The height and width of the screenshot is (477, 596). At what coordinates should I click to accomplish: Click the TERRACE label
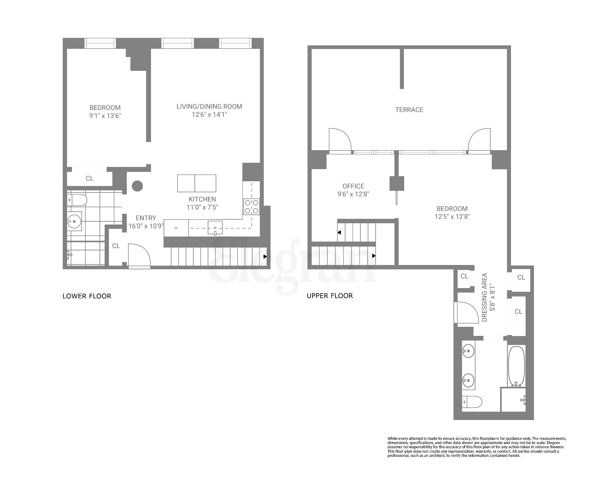(x=409, y=110)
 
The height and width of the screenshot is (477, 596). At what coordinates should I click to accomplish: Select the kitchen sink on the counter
(x=215, y=228)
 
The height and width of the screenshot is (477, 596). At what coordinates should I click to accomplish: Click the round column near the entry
(x=137, y=186)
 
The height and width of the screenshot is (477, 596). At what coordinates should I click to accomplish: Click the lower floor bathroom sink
(x=74, y=221)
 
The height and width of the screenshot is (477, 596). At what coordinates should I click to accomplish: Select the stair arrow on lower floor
(x=265, y=257)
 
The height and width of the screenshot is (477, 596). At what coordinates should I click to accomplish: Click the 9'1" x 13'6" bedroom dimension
(x=105, y=115)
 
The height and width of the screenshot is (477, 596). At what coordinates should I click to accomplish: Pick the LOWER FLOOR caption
(x=87, y=296)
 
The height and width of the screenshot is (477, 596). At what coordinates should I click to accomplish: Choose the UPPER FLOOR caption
(x=330, y=296)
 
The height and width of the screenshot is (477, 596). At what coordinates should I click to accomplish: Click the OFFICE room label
(x=353, y=186)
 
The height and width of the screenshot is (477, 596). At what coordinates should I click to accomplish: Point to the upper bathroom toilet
(x=472, y=402)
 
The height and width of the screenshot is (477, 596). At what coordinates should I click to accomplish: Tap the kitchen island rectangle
(x=196, y=183)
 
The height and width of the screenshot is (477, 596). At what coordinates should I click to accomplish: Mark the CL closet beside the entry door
(x=116, y=246)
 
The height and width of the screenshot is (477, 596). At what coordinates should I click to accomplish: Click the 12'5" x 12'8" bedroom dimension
(x=452, y=216)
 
